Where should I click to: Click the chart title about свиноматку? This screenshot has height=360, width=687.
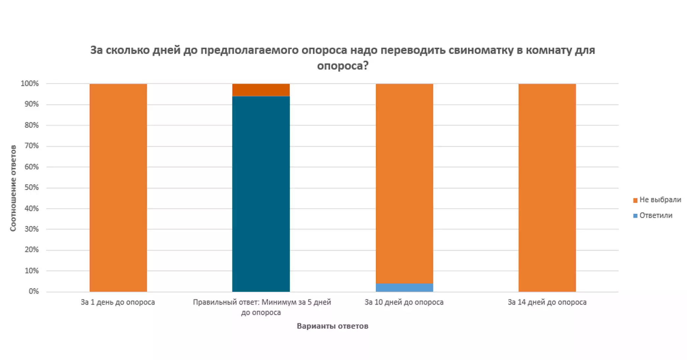coord(342,58)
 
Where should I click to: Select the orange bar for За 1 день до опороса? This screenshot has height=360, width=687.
coord(118,188)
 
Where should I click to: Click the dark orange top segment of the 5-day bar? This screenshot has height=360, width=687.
coord(261,90)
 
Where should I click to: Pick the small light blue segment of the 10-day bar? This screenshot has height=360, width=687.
coord(404,288)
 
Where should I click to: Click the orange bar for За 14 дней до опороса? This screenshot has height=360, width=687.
coord(547,188)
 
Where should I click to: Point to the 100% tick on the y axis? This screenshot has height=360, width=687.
coord(30,84)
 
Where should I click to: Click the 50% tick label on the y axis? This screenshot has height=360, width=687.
coord(31,188)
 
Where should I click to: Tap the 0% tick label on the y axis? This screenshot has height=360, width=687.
coord(34,291)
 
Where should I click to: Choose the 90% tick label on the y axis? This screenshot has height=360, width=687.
coord(31,104)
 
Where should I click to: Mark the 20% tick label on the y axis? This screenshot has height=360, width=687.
coord(31,250)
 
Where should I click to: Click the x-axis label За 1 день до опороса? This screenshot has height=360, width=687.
coord(118,302)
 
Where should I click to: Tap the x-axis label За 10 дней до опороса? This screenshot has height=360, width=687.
coord(404,302)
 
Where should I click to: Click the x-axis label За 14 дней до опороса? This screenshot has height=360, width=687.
coord(547,302)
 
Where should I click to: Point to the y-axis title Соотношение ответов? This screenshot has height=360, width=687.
coord(13,188)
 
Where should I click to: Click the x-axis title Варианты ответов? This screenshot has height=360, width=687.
coord(332,326)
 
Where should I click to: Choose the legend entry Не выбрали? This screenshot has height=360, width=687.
coord(660,200)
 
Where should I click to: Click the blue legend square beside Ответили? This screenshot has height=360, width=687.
coord(635,216)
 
